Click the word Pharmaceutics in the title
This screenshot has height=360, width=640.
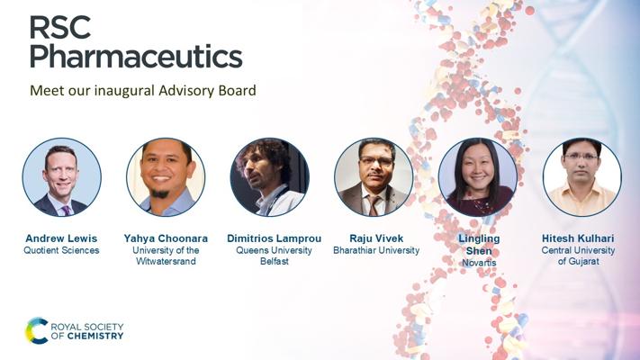point(136,57)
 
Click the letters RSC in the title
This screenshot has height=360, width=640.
point(60,28)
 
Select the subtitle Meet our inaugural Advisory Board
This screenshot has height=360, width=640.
point(143,90)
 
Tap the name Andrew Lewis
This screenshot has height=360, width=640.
point(61,238)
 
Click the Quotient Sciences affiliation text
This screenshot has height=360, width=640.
point(61,250)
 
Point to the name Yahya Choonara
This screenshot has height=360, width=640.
point(166,238)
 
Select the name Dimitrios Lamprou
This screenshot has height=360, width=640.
point(275,238)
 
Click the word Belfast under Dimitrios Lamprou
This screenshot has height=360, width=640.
point(275,261)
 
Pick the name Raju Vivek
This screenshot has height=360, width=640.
point(376,238)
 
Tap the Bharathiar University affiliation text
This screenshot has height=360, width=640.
point(376,250)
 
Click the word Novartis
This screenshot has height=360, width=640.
point(479,263)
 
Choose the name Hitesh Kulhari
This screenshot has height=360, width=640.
point(578,238)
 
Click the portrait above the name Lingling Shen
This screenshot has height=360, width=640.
point(478,177)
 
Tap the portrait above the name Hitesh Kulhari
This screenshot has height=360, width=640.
point(582,177)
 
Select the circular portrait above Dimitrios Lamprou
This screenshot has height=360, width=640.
point(270,177)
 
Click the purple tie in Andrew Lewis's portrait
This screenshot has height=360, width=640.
point(66,211)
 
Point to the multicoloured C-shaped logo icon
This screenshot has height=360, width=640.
point(36,331)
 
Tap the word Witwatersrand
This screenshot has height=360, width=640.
point(166,261)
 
